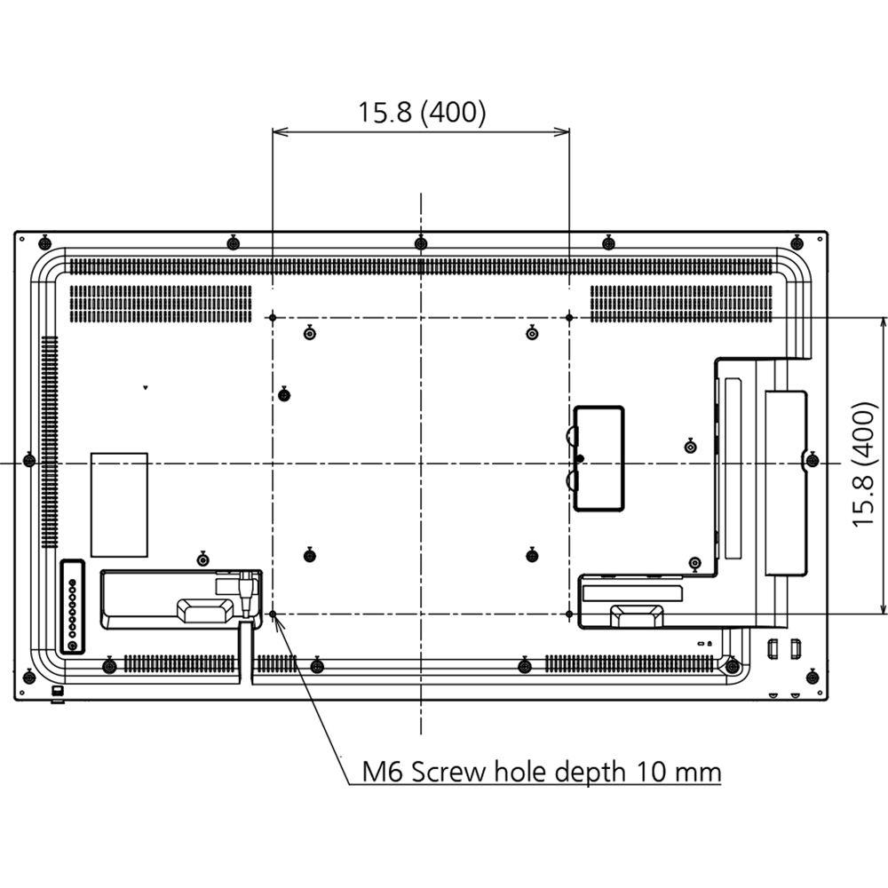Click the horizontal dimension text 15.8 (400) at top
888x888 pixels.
point(422,112)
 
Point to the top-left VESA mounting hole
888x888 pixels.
point(273,317)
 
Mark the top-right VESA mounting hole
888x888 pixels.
point(568,317)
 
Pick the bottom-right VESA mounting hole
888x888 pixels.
point(568,614)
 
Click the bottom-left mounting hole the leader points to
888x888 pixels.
point(273,614)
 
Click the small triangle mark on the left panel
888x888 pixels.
point(146,387)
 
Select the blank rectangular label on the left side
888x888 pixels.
point(119,504)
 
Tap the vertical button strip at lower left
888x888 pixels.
point(72,608)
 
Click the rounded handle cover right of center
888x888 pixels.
point(599,458)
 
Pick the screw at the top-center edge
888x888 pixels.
point(421,242)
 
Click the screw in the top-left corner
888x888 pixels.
point(44,242)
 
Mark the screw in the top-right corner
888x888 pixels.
point(797,242)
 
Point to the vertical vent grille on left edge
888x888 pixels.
point(47,395)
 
